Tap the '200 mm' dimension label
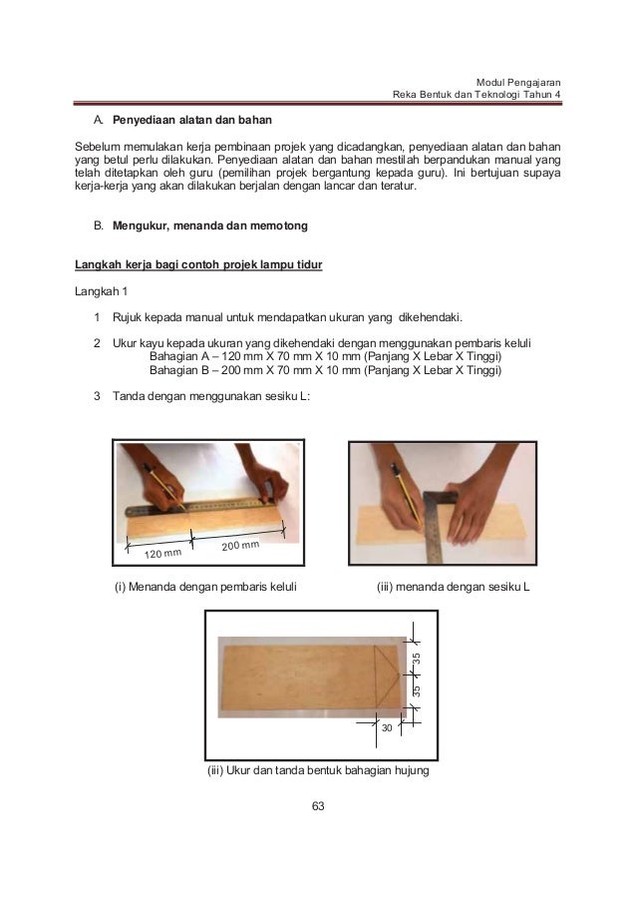tap(240, 546)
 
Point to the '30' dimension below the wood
tap(387, 730)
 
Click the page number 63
tap(318, 806)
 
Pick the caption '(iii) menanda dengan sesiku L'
tap(454, 586)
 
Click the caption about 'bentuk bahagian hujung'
tap(317, 770)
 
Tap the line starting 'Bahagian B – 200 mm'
tap(325, 371)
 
